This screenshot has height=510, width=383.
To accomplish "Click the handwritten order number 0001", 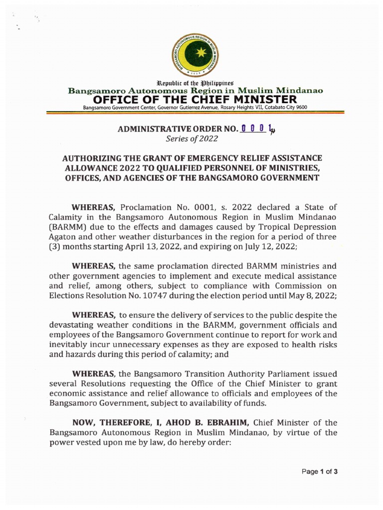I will click(x=258, y=130).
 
